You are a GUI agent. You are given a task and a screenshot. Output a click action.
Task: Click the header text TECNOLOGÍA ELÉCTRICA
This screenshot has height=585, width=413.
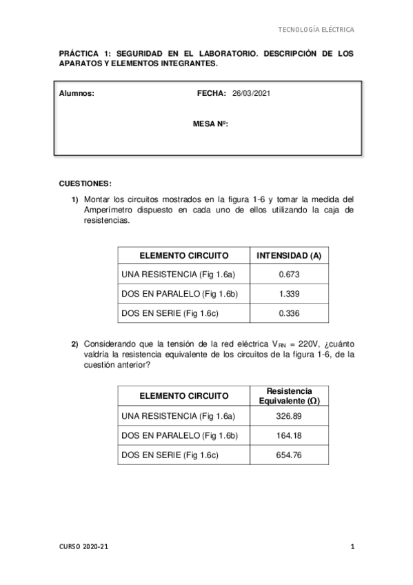[x=315, y=30]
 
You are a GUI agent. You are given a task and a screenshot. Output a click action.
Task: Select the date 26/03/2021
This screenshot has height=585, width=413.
[x=252, y=93]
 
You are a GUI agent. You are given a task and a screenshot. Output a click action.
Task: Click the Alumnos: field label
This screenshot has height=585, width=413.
[x=77, y=93]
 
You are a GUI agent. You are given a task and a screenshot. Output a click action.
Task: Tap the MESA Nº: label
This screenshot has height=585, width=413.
[x=210, y=124]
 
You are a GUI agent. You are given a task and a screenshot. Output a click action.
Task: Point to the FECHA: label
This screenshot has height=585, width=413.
[x=212, y=93]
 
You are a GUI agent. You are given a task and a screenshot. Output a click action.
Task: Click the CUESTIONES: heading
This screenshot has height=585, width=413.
[x=85, y=184]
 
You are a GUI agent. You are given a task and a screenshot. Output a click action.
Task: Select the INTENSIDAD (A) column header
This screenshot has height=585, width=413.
[x=289, y=255]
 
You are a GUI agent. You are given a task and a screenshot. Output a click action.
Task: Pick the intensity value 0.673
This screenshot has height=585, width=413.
[x=289, y=275]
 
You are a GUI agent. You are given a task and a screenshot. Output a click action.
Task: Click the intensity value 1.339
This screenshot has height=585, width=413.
[x=289, y=294]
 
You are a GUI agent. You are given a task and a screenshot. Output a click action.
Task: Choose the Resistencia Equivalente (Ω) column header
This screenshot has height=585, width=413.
[x=289, y=396]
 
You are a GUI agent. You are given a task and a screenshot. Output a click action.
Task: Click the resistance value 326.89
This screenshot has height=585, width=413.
[x=289, y=416]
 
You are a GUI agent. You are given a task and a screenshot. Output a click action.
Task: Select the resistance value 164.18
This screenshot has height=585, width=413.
[x=289, y=435]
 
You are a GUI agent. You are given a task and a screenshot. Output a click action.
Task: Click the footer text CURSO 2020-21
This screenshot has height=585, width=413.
[x=83, y=546]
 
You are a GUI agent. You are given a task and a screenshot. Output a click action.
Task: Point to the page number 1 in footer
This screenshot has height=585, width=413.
[x=352, y=546]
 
